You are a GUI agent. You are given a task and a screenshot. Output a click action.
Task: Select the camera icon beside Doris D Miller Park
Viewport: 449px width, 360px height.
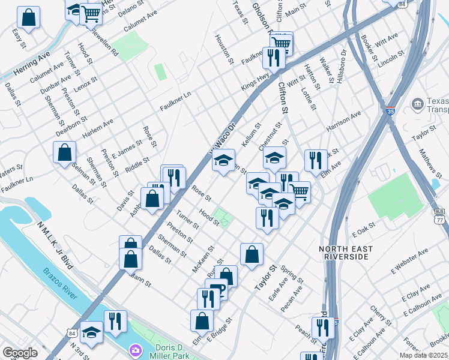136,349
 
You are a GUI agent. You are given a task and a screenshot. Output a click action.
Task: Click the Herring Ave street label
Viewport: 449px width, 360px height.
31,64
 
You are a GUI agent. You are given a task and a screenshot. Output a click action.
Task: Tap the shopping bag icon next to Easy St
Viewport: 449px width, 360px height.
28,17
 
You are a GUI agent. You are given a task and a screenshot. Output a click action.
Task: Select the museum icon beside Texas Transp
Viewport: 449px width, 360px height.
417,104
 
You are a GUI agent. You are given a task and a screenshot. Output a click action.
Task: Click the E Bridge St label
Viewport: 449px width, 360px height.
219,331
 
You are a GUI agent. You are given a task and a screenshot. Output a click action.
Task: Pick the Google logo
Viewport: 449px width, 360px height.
20,353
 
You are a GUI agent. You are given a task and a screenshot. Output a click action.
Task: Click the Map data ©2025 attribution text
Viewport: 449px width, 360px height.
423,355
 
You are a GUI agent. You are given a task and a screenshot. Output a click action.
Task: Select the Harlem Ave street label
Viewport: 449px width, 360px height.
98,128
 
